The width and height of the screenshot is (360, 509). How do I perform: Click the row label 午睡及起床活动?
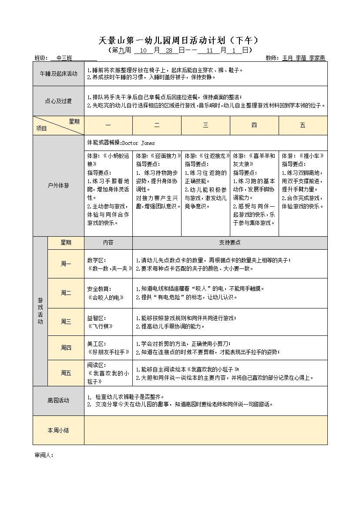tap(59, 74)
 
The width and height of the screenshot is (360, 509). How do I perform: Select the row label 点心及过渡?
tap(59, 101)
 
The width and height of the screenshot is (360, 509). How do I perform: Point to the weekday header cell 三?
tap(205, 125)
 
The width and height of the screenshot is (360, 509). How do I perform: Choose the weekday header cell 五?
tap(303, 125)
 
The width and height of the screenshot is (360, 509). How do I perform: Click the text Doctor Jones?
tap(138, 143)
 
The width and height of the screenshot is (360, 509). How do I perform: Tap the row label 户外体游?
tap(59, 186)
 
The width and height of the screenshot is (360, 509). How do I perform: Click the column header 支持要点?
tap(230, 243)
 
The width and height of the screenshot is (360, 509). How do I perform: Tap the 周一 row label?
tap(66, 264)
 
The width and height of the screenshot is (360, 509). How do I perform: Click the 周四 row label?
tap(66, 348)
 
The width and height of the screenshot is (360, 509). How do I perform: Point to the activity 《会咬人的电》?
tap(106, 298)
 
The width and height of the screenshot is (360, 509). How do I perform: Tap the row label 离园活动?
tap(59, 400)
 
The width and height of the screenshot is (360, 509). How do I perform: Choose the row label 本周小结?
tap(59, 430)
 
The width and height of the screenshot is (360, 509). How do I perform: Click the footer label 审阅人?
tap(44, 455)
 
